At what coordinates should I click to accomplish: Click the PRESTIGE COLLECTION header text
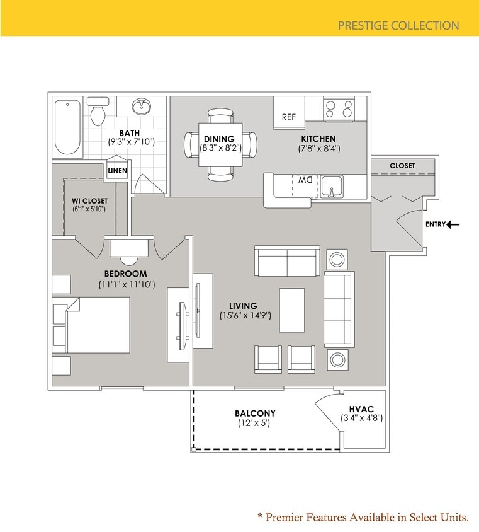(398, 26)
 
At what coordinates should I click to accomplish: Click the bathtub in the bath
(67, 127)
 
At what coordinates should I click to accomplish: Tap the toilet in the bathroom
(98, 112)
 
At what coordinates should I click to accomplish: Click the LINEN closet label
(117, 171)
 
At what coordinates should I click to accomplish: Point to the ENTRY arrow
(453, 224)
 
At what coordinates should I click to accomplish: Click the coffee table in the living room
(291, 309)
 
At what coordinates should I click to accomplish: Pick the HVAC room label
(361, 409)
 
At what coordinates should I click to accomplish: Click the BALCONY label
(255, 413)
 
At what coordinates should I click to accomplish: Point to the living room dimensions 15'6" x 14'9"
(245, 315)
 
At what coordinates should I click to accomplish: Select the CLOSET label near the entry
(402, 166)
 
